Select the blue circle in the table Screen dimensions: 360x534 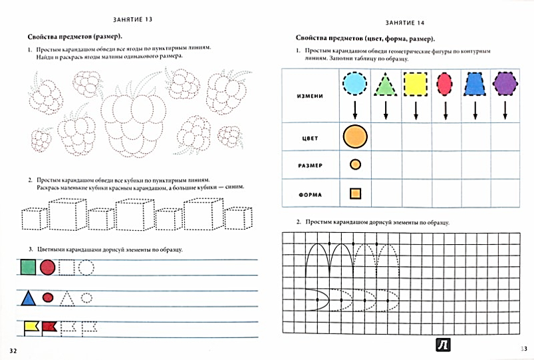tap(355, 84)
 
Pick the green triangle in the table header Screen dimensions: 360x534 tap(386, 85)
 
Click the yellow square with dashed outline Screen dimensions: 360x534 tap(416, 85)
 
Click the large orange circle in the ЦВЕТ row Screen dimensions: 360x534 tap(355, 137)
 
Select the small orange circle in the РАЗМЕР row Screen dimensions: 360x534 tap(355, 164)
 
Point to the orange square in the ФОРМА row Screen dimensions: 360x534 tap(355, 194)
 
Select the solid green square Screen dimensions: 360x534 tap(27, 268)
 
